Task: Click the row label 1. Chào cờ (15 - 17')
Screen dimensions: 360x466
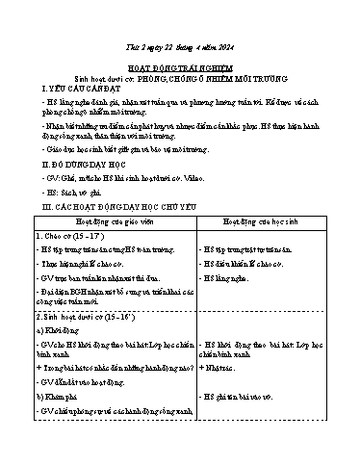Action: pos(71,235)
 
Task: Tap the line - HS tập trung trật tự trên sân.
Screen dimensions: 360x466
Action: pos(253,249)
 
